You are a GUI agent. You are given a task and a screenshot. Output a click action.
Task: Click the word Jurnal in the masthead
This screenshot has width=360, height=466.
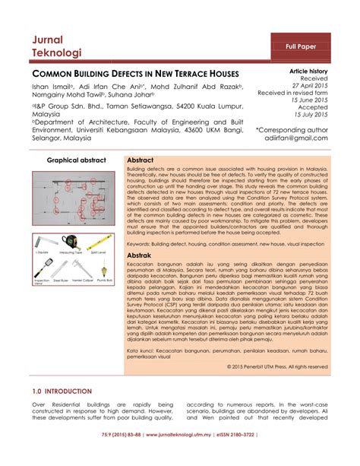coord(48,40)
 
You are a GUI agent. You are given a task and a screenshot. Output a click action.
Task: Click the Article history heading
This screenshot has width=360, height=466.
coord(308,70)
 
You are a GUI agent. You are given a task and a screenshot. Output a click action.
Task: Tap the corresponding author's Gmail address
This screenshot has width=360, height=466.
coord(302,139)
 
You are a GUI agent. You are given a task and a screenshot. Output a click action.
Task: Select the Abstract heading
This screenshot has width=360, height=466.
coord(141,161)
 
